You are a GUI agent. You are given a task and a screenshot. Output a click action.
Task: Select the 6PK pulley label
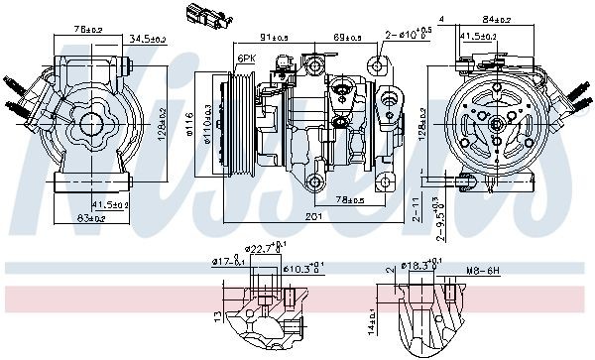point(246,60)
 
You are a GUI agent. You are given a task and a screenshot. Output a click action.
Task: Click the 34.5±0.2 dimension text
point(147,40)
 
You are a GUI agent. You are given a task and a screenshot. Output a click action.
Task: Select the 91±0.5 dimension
point(274,38)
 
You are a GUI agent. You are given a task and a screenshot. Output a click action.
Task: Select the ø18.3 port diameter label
point(418,267)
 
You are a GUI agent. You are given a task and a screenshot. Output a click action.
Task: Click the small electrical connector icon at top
point(197,15)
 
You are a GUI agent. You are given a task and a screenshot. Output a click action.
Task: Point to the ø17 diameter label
point(227,263)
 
